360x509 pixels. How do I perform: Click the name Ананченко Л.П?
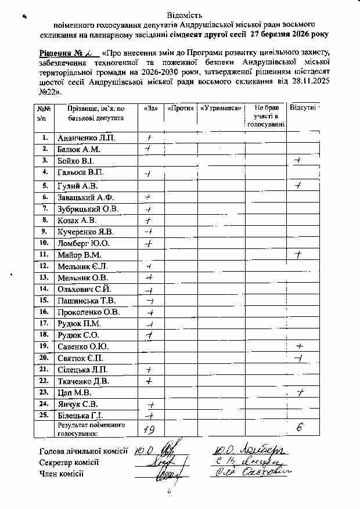(x=87, y=138)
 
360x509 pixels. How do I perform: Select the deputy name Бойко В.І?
(x=75, y=161)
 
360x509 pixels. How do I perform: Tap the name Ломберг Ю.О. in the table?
(x=84, y=243)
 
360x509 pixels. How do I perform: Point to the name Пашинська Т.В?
(x=86, y=301)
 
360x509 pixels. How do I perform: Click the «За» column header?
(x=150, y=109)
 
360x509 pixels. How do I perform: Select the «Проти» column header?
(x=181, y=109)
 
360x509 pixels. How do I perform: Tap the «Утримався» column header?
(x=220, y=109)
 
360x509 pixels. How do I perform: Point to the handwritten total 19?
(x=149, y=429)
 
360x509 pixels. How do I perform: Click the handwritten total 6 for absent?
(x=300, y=428)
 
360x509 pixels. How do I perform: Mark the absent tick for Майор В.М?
(x=298, y=254)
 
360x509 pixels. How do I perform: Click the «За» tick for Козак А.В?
(x=149, y=221)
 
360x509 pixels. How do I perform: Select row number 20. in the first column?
(x=43, y=358)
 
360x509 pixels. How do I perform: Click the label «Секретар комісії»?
(x=69, y=463)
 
